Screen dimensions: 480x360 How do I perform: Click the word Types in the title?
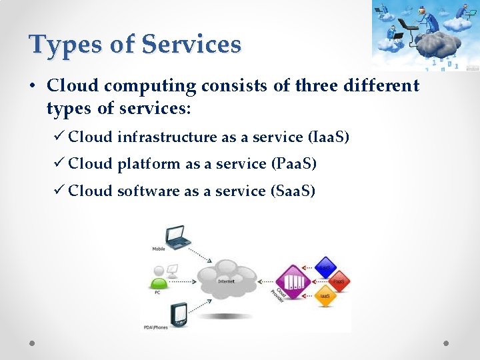coord(65,45)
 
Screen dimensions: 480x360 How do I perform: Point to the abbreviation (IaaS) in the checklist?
coord(329,137)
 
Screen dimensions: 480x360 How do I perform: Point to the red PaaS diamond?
coord(339,281)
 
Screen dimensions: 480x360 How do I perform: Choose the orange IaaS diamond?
coord(325,295)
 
